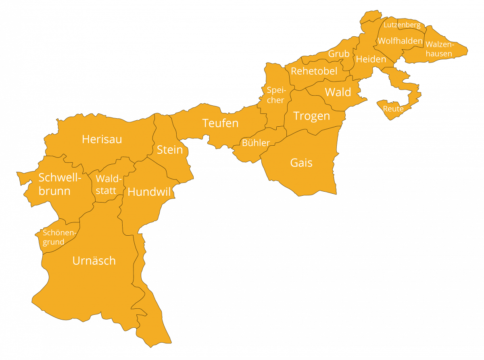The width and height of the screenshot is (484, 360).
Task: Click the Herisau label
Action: click(x=102, y=139)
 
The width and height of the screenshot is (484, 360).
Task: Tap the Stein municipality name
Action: click(x=170, y=150)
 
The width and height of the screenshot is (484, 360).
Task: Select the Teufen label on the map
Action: click(x=220, y=123)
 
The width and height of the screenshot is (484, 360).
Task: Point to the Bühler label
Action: click(x=256, y=142)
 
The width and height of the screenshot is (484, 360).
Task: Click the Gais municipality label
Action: click(x=301, y=163)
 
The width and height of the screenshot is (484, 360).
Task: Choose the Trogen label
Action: click(x=311, y=116)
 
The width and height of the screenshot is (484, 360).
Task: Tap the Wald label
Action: click(x=338, y=92)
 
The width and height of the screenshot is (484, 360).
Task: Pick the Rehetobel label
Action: click(x=314, y=71)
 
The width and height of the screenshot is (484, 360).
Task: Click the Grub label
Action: click(x=339, y=54)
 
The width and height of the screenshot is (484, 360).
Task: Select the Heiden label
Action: click(x=371, y=59)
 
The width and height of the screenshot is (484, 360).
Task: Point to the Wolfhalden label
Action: click(x=400, y=41)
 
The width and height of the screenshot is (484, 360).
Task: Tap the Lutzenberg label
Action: click(x=402, y=25)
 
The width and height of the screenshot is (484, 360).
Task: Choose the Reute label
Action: click(x=393, y=109)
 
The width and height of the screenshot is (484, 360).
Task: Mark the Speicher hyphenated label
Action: click(x=276, y=95)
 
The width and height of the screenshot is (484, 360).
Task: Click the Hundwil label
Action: click(x=149, y=192)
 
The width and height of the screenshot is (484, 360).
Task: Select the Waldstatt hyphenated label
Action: click(x=106, y=185)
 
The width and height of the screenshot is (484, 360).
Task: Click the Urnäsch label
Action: click(x=94, y=261)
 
